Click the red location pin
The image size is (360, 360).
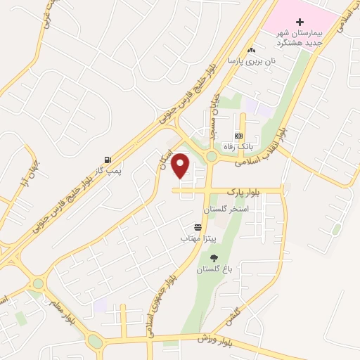point(181,165)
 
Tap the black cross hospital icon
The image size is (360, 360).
point(300,22)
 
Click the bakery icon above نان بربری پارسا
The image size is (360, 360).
point(252,50)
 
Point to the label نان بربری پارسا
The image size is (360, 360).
point(251,61)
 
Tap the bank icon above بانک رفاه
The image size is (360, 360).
point(238,135)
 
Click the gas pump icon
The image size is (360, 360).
point(107,160)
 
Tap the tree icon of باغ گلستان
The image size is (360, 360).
point(214,258)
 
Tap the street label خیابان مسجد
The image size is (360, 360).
point(211,112)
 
